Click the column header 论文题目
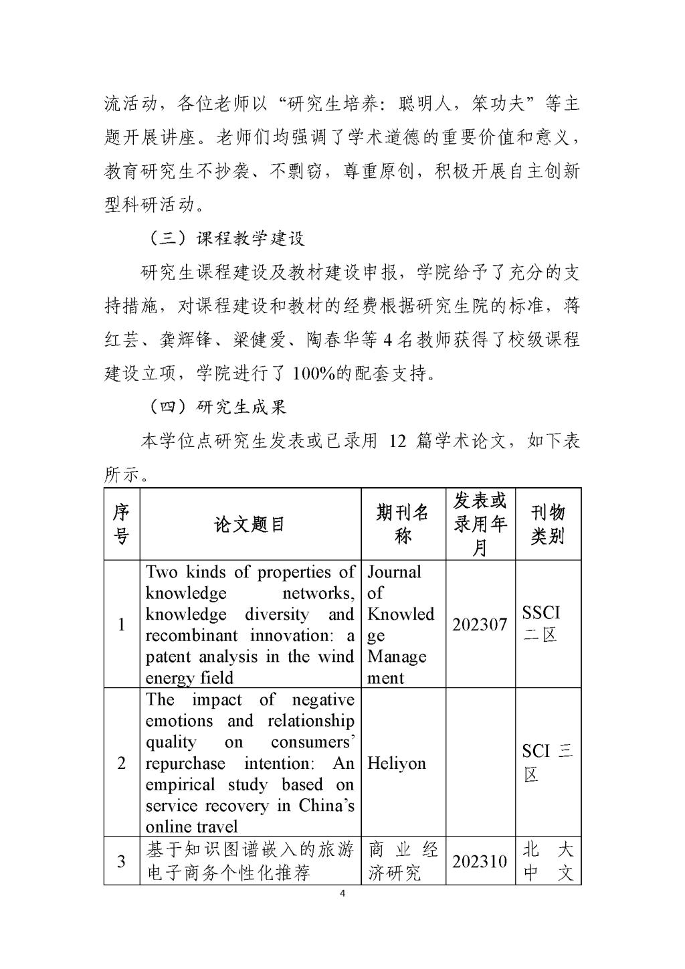[x=250, y=524]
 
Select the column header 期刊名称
[x=403, y=524]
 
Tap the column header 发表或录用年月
[x=480, y=524]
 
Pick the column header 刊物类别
[x=548, y=524]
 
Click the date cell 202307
[x=480, y=624]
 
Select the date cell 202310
[x=480, y=861]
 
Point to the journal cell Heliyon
[x=397, y=764]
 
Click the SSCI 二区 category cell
[x=541, y=624]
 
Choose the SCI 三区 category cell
[x=547, y=763]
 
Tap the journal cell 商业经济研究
[x=403, y=861]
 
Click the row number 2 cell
[x=121, y=764]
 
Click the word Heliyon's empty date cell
[x=480, y=764]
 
